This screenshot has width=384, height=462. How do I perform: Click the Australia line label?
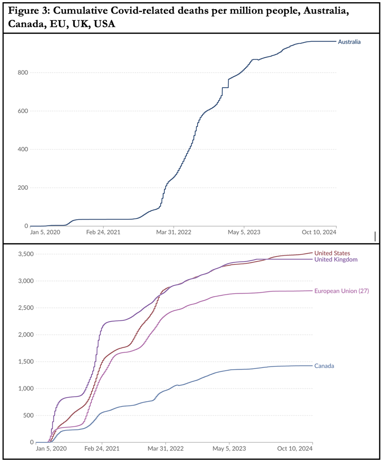[x=349, y=42]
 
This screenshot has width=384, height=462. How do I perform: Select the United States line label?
[x=332, y=253]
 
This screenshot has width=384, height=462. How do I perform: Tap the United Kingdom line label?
[x=336, y=259]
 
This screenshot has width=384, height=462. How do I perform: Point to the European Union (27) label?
[x=341, y=291]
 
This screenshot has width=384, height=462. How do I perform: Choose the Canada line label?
[x=324, y=366]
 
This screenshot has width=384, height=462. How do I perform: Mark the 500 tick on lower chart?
[x=27, y=416]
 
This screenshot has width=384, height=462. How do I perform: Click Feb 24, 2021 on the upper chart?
[x=104, y=232]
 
